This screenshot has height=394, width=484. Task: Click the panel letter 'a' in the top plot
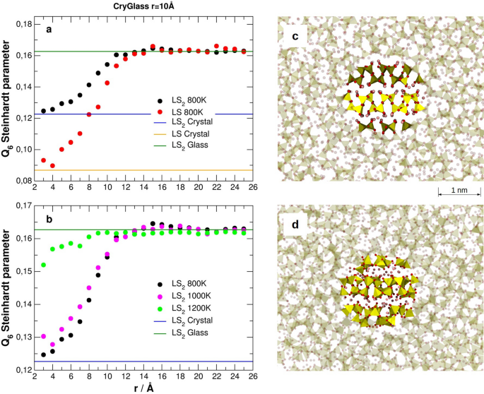[49, 30]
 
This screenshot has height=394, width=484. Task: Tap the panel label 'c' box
[294, 36]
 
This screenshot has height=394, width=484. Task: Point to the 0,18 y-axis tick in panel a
[23, 24]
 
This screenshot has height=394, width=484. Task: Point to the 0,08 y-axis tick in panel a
[23, 181]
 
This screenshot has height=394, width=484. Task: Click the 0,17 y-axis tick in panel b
[23, 206]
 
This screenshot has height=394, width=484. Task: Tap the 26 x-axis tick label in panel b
[252, 376]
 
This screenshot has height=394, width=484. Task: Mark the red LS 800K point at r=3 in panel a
[44, 160]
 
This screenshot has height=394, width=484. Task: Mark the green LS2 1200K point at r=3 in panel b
[44, 265]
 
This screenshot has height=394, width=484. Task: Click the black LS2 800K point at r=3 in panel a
[44, 111]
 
